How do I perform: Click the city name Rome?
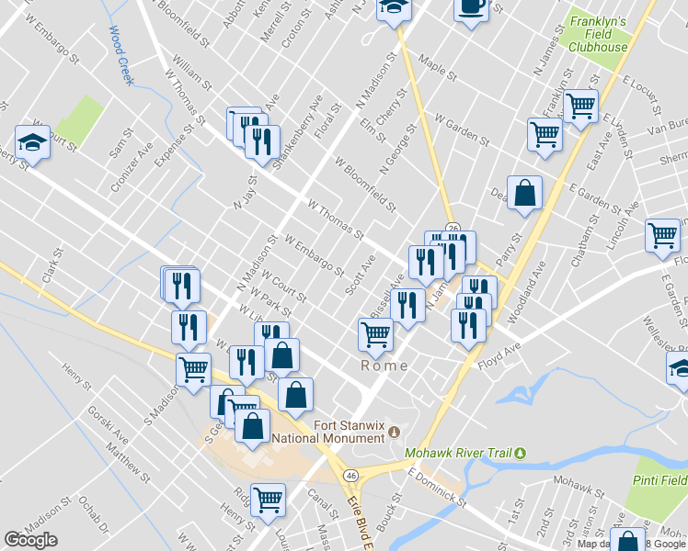(x=383, y=365)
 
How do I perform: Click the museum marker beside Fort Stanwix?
(x=396, y=432)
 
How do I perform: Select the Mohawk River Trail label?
(x=459, y=453)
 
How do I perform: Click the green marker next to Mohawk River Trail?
(x=520, y=453)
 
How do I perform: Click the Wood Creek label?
(x=122, y=56)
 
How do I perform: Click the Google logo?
(x=30, y=540)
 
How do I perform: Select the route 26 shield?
(x=453, y=227)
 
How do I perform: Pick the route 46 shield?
(x=351, y=475)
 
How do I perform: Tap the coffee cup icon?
(x=471, y=7)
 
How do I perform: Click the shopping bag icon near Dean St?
(x=524, y=193)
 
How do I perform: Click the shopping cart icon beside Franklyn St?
(x=580, y=106)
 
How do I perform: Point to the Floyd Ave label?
(x=499, y=353)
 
